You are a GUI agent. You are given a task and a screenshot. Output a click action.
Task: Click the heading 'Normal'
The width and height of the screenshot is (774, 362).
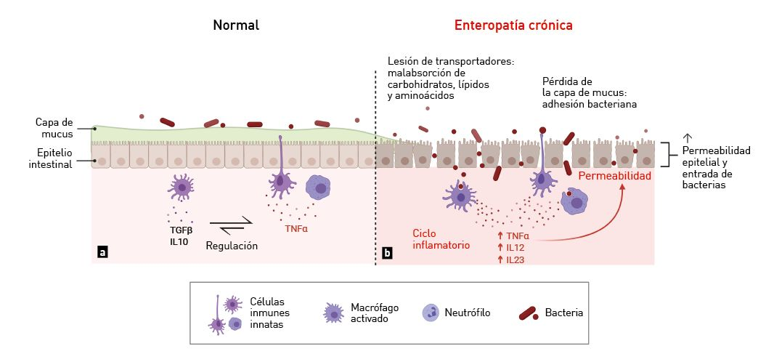click(x=236, y=25)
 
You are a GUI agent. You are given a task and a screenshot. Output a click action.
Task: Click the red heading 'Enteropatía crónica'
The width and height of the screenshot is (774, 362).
click(x=513, y=25)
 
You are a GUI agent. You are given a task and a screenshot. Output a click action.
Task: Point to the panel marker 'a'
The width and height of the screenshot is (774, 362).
click(x=103, y=252)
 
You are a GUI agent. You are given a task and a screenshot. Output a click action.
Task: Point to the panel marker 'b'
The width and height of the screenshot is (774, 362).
click(x=387, y=254)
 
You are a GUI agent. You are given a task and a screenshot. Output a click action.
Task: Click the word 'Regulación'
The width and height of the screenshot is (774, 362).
click(x=232, y=246)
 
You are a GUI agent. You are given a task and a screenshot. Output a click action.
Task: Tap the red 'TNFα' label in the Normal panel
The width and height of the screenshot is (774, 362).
click(x=296, y=228)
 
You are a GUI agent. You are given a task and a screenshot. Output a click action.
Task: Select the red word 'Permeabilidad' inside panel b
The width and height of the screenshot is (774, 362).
click(x=614, y=176)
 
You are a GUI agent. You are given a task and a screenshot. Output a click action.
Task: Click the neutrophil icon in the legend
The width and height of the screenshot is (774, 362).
click(x=431, y=313)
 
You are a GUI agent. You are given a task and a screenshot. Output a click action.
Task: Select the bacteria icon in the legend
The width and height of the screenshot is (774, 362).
click(x=528, y=313)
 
